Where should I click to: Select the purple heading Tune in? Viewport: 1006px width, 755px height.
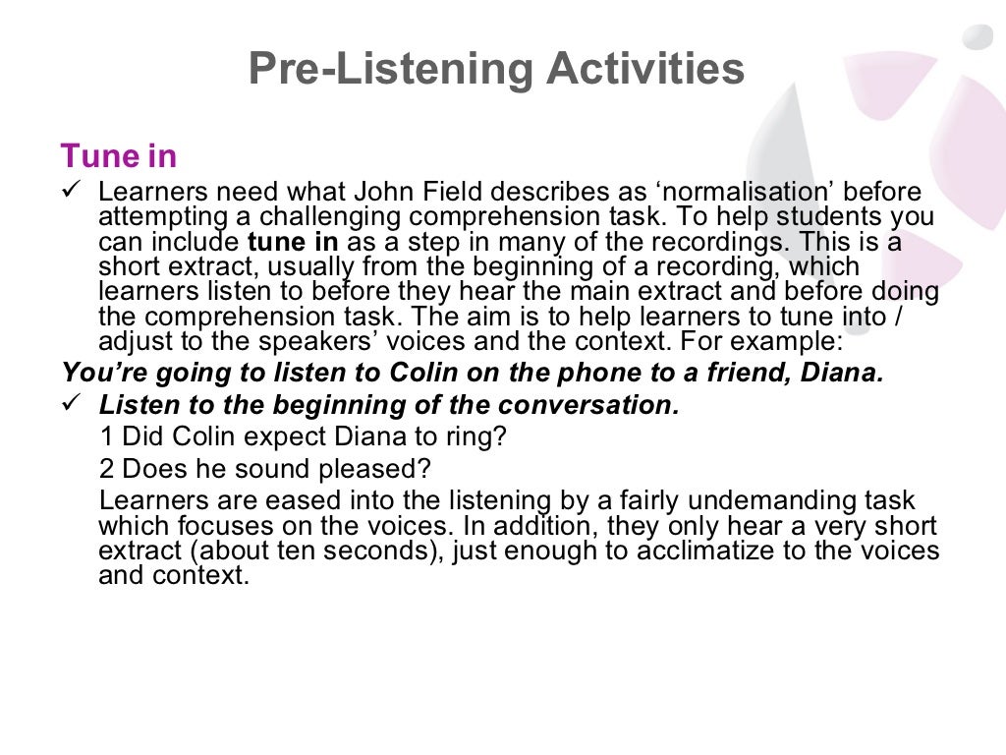click(x=119, y=155)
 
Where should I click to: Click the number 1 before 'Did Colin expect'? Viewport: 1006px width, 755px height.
click(x=106, y=436)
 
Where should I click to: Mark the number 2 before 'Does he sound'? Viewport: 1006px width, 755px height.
click(x=106, y=467)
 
